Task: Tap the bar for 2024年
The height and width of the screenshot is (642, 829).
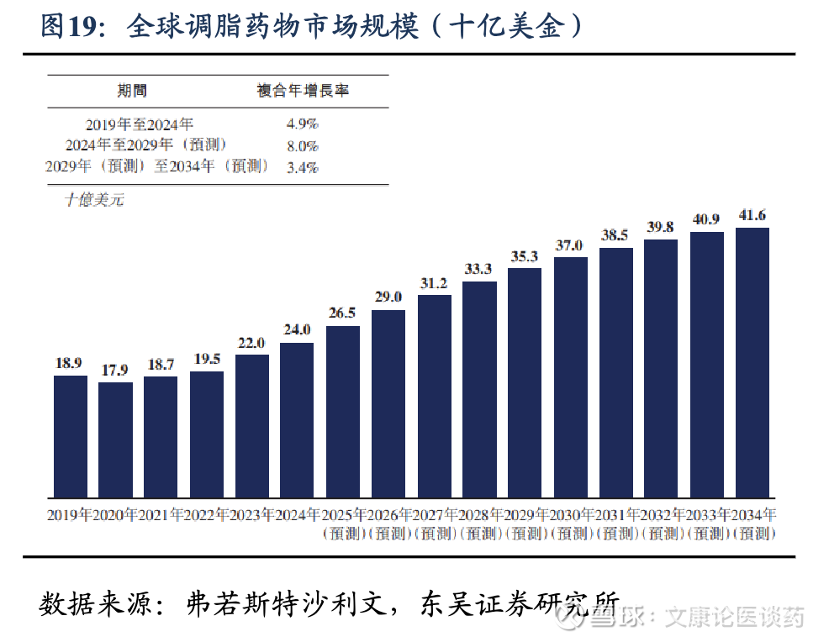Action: [x=297, y=419]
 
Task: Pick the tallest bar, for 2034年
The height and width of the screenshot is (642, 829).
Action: [x=752, y=362]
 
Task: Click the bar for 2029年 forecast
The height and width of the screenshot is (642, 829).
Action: [x=525, y=382]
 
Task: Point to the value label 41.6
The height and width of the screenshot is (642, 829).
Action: [x=752, y=215]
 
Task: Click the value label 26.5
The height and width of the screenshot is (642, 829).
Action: [x=343, y=313]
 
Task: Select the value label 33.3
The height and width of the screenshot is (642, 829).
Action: [x=479, y=269]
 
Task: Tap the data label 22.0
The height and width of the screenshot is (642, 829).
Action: [x=251, y=342]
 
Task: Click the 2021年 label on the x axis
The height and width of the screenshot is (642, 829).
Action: [x=160, y=515]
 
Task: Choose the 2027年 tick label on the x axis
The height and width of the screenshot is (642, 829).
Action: [x=434, y=515]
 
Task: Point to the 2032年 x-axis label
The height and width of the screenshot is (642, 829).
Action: [x=661, y=515]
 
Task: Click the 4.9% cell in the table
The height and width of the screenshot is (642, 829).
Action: [x=302, y=124]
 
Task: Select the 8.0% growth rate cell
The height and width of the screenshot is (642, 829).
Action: [x=302, y=145]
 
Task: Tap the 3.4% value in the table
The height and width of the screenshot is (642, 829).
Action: [x=302, y=167]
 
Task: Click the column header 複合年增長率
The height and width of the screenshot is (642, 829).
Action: [x=302, y=91]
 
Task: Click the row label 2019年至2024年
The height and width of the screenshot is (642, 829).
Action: [x=140, y=124]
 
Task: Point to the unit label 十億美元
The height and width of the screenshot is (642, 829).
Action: [x=94, y=200]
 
